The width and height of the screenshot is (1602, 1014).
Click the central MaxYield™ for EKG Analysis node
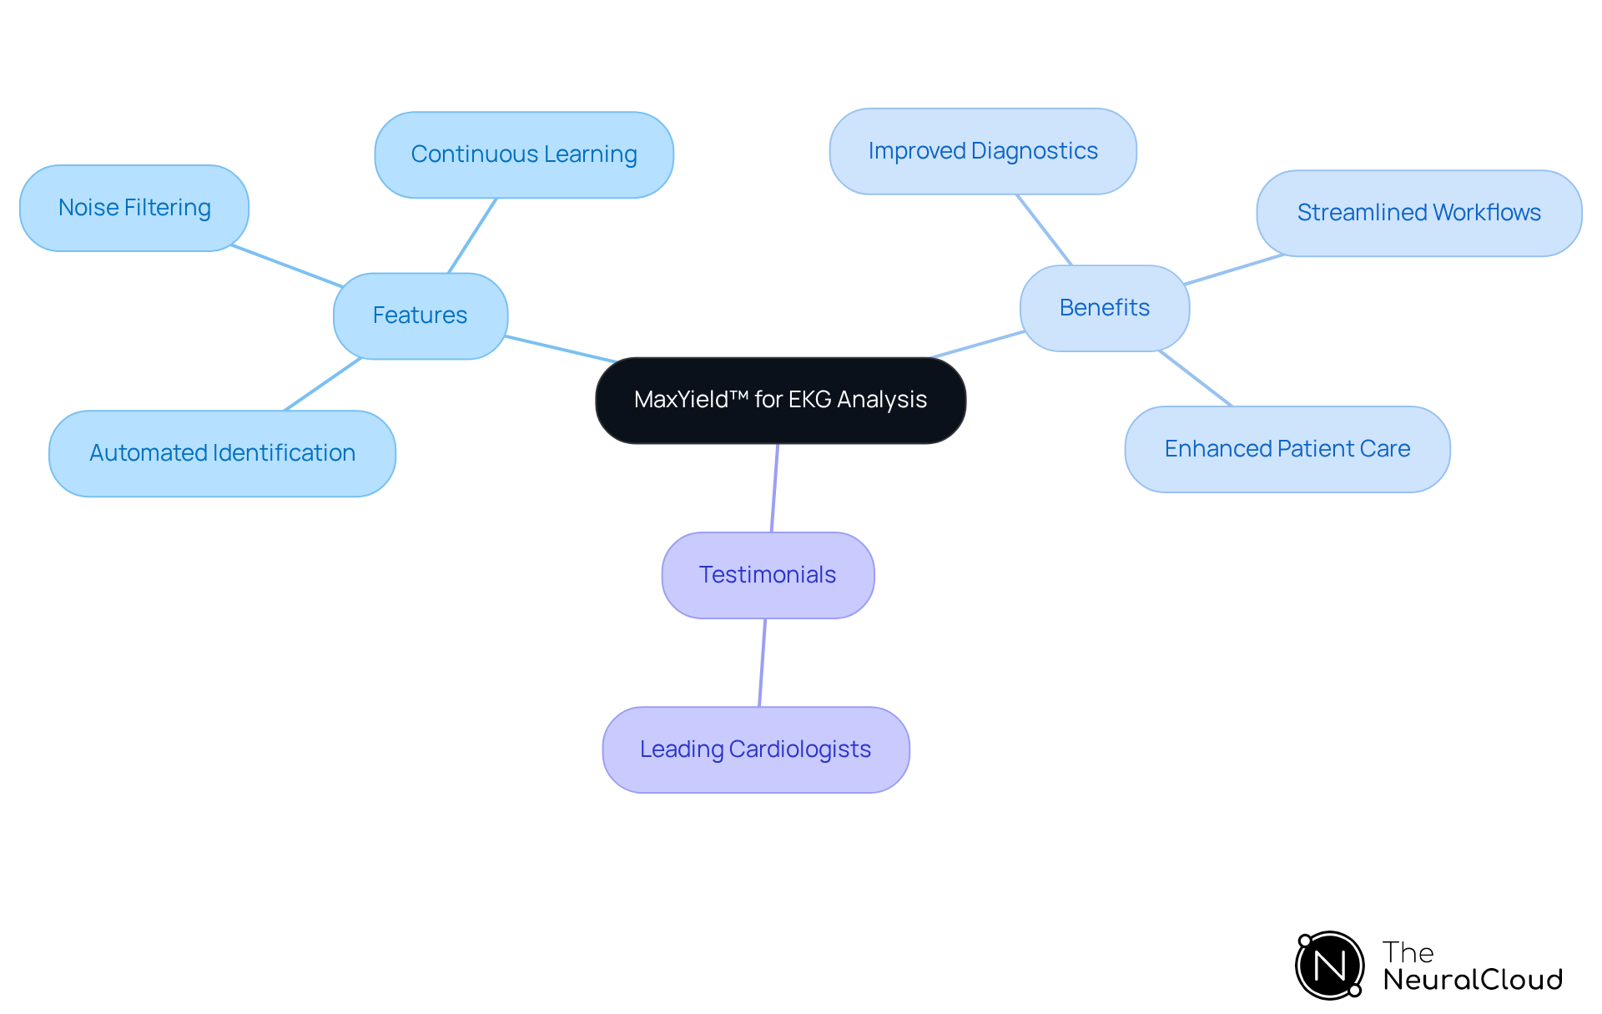click(780, 401)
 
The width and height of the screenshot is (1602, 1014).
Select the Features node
click(420, 315)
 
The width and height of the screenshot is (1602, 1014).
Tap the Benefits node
click(1104, 308)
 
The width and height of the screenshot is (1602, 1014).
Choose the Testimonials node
click(768, 575)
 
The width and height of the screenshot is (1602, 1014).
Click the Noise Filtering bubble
click(134, 208)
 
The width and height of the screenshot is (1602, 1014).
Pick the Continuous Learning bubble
click(524, 154)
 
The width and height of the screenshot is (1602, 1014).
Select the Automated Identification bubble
click(222, 453)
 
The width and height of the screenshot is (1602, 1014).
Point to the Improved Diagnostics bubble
click(983, 151)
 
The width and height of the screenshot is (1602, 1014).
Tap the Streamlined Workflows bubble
click(1418, 213)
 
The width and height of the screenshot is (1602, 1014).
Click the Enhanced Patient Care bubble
click(1287, 449)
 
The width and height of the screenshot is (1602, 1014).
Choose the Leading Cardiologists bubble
click(755, 749)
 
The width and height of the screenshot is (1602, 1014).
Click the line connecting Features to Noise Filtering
click(286, 266)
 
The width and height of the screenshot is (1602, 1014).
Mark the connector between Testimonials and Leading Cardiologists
click(763, 663)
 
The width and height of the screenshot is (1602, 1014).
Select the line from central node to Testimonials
click(775, 488)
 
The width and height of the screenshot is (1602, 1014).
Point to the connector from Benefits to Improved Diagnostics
click(1044, 230)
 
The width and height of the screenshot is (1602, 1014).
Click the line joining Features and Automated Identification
click(323, 385)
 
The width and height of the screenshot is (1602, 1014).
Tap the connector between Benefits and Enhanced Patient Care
click(1196, 379)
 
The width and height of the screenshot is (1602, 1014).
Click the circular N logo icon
click(1329, 966)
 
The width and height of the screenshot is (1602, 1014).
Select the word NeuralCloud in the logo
click(1473, 980)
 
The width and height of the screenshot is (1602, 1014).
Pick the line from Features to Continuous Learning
click(472, 235)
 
